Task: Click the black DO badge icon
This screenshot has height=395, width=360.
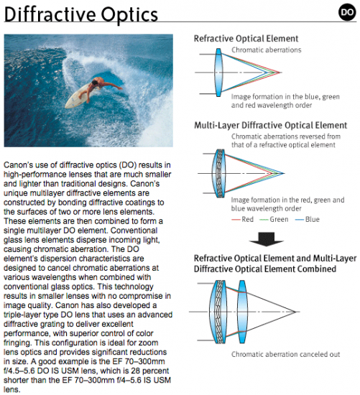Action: coord(347,11)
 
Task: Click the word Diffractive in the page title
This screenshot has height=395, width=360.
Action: coord(50,14)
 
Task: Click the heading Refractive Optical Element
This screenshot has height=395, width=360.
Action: coord(246,39)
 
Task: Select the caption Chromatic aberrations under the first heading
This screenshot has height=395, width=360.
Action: coord(266,50)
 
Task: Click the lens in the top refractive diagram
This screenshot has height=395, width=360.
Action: coord(218,73)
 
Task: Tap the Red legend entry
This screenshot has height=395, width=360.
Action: coord(243,220)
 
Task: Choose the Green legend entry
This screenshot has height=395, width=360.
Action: coord(274,220)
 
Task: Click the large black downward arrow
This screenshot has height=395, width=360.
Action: coord(266,239)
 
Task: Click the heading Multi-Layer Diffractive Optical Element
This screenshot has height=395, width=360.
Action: coord(270,126)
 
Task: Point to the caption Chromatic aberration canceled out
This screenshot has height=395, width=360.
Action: coord(286,355)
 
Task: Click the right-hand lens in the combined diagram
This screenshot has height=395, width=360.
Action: coord(241,312)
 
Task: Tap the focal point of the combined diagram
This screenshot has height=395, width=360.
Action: coord(295,312)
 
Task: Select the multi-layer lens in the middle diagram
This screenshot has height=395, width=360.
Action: coord(218,173)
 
